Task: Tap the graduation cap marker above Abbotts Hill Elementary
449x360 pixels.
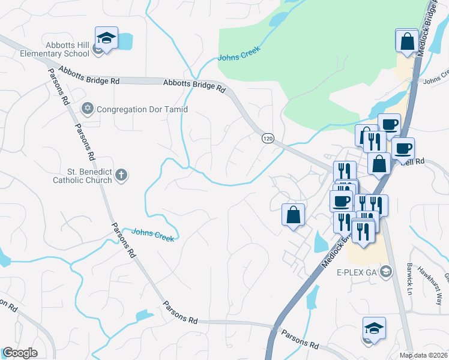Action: [106, 39]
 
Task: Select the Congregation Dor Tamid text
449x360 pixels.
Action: [142, 109]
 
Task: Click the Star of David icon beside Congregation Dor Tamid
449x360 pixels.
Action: [88, 109]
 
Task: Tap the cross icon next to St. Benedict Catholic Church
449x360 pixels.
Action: [121, 175]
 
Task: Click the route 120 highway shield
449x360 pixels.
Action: [268, 139]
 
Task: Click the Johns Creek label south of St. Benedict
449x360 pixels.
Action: [152, 235]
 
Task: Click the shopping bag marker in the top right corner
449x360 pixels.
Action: [407, 41]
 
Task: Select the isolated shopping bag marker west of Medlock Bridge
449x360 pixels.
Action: [293, 215]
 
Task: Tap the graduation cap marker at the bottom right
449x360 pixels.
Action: [374, 329]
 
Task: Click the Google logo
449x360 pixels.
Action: [19, 353]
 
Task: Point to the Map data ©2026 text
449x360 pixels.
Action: [423, 355]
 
